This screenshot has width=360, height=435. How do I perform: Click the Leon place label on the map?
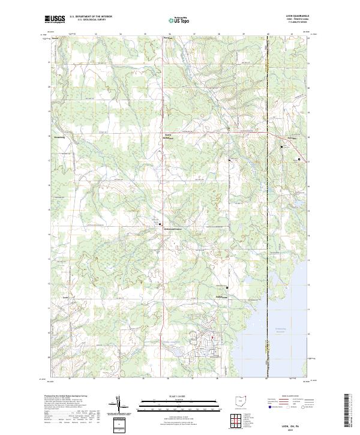(x=65, y=296)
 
